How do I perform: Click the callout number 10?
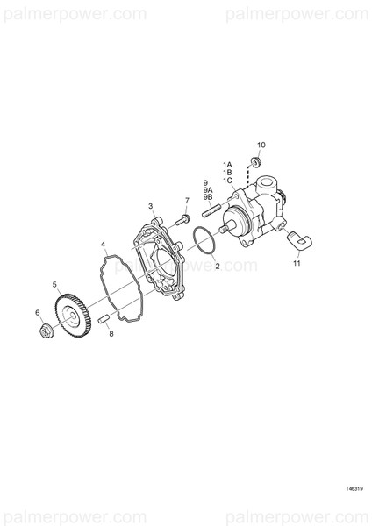[x=261, y=145]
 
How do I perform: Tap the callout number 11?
[x=297, y=262]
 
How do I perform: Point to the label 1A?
[x=226, y=164]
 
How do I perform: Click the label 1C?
[x=226, y=181]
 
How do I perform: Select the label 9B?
[x=209, y=199]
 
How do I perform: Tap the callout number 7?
[x=187, y=200]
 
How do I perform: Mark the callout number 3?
[x=151, y=207]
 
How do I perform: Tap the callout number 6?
[x=37, y=312]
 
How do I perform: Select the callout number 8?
[x=111, y=334]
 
